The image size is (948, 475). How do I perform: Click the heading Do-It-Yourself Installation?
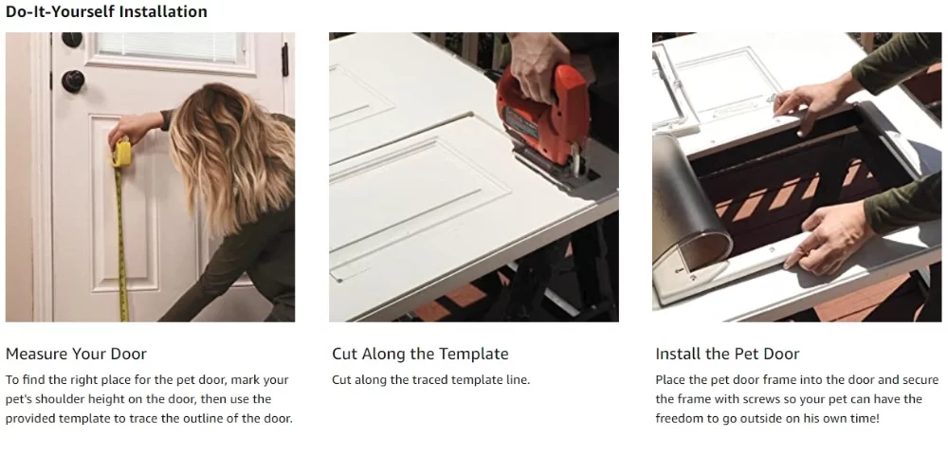[x=106, y=12]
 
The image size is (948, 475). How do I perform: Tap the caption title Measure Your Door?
[x=76, y=354]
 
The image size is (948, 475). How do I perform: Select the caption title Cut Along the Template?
[x=420, y=354]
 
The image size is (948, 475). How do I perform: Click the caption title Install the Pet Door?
[x=727, y=354]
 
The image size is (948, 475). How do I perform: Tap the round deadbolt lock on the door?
[x=72, y=40]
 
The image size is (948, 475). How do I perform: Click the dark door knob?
[x=72, y=81]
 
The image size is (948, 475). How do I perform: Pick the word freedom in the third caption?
[x=681, y=418]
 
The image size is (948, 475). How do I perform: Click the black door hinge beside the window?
[x=284, y=60]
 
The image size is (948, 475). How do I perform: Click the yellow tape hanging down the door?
[x=121, y=247]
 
